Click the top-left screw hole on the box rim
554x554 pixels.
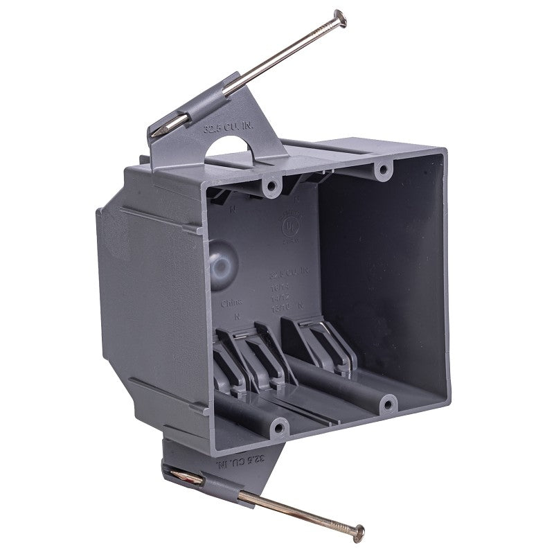(x=271, y=186)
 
